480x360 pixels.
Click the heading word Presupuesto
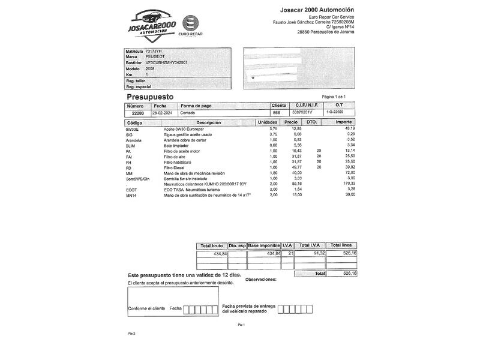(150, 97)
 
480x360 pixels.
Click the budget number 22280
(138, 113)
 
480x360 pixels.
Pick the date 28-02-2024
(161, 113)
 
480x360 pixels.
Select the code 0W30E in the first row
(132, 129)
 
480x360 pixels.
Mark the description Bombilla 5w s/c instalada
(188, 179)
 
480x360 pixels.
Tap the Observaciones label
(262, 280)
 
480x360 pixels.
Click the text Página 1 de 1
(334, 97)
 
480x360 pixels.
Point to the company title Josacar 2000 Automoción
(317, 10)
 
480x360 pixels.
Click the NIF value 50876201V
(302, 113)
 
